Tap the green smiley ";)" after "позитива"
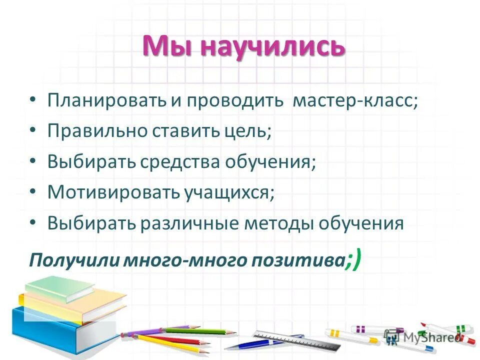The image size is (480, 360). tap(353, 259)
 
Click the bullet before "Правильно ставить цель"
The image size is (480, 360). tap(32, 130)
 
